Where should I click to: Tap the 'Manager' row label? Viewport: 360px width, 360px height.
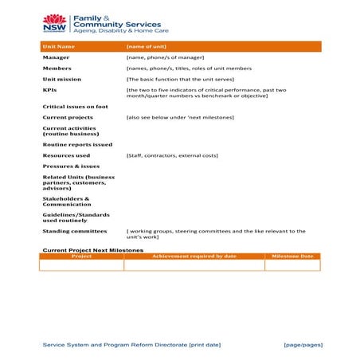pyautogui.click(x=56, y=57)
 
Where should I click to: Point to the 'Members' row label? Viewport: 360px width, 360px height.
pyautogui.click(x=57, y=68)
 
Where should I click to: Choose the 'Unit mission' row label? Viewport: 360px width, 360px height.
pyautogui.click(x=62, y=80)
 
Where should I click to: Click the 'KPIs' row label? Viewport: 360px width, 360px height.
pyautogui.click(x=49, y=91)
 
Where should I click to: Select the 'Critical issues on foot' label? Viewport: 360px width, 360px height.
pyautogui.click(x=75, y=106)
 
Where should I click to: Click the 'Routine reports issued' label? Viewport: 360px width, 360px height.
pyautogui.click(x=77, y=145)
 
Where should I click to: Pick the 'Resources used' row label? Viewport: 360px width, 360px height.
pyautogui.click(x=66, y=155)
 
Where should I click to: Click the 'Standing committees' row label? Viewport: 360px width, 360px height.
pyautogui.click(x=74, y=231)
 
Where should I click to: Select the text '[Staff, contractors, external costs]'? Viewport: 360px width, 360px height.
pyautogui.click(x=171, y=155)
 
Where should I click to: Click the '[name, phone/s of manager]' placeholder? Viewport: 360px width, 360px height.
pyautogui.click(x=165, y=57)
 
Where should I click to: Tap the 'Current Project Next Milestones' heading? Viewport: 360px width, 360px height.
pyautogui.click(x=92, y=249)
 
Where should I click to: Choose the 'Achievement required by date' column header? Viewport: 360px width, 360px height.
pyautogui.click(x=194, y=256)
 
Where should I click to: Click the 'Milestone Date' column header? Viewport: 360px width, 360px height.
pyautogui.click(x=293, y=256)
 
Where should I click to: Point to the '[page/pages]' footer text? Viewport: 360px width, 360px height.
pyautogui.click(x=303, y=344)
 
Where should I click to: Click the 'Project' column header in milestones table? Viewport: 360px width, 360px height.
pyautogui.click(x=81, y=256)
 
